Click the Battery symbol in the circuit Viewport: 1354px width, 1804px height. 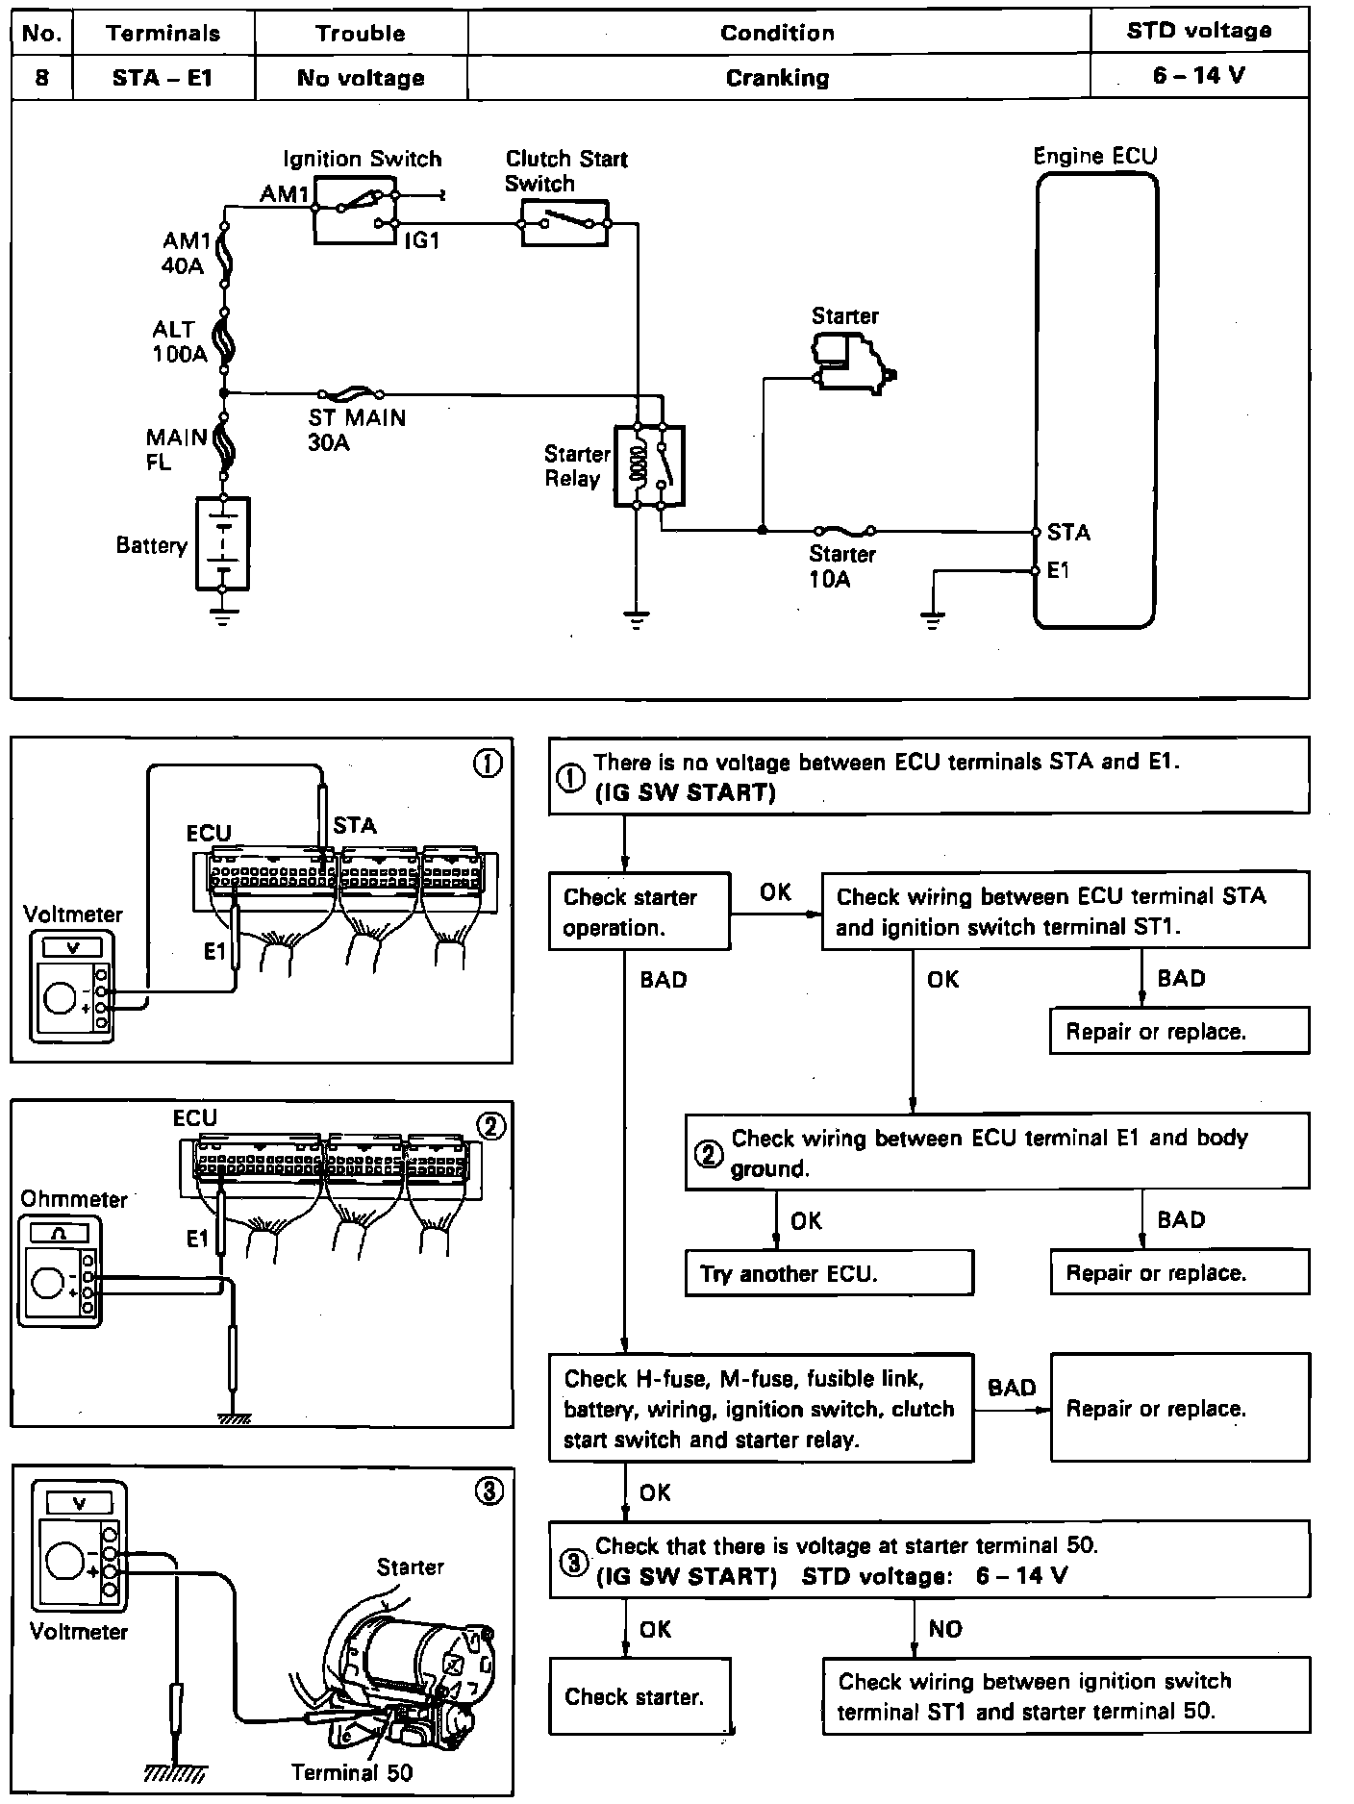coord(222,543)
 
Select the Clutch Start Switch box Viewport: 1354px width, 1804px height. coord(564,224)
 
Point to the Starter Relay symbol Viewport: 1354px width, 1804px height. coord(650,465)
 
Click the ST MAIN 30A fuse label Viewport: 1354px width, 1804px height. coord(357,430)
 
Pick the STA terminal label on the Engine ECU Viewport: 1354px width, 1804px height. coord(1068,533)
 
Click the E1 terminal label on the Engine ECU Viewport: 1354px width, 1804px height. coord(1058,571)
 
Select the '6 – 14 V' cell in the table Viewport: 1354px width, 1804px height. coord(1198,76)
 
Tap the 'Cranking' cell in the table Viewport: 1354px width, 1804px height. coord(777,77)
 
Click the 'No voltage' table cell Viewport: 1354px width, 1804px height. coord(360,78)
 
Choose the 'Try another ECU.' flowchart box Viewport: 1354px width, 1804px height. coord(828,1274)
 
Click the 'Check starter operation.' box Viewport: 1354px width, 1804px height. coord(639,912)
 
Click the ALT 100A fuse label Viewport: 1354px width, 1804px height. coord(179,341)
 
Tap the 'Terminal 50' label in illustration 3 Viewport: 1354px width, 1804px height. coord(352,1772)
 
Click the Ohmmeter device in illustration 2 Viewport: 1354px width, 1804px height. coord(60,1272)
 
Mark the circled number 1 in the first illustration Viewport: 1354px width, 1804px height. coord(489,764)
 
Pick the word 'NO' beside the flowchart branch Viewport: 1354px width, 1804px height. coord(944,1630)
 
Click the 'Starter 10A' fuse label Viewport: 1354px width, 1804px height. coord(841,566)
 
